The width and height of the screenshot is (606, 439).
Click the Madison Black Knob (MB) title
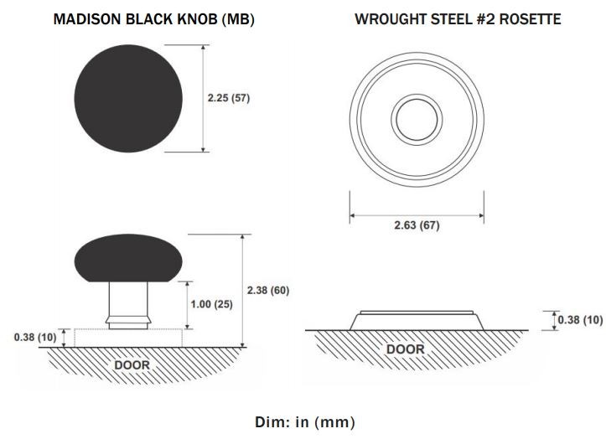154,19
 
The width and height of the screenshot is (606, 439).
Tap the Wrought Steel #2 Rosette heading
458,19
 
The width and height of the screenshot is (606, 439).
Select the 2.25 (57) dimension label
229,98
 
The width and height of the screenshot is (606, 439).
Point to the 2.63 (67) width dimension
417,225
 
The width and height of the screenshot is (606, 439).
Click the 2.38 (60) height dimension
268,290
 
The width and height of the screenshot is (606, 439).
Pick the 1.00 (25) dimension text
211,304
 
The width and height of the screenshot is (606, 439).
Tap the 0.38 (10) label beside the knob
35,338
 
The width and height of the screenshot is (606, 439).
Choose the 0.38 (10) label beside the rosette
580,320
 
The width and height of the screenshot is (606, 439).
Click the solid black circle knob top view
128,99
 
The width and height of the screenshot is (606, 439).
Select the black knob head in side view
128,258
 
